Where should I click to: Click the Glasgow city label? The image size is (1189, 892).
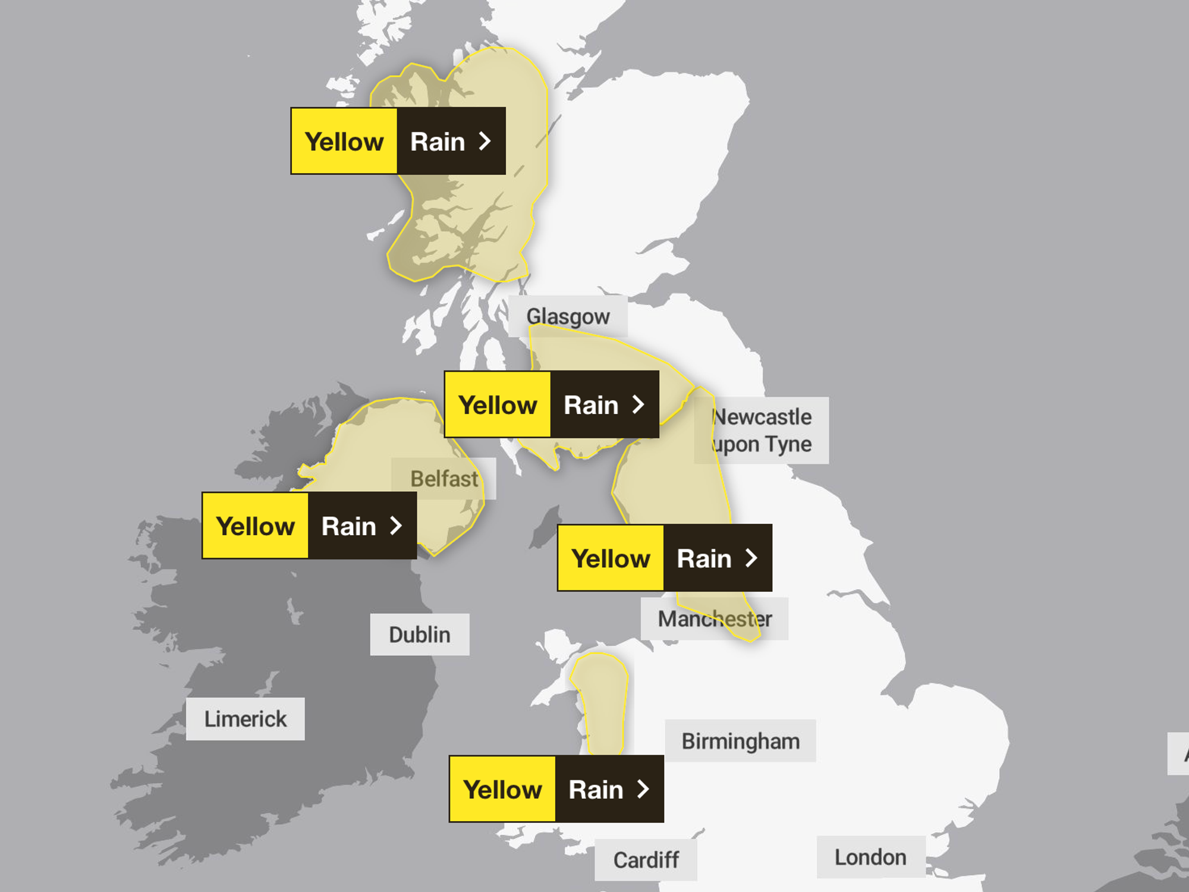pyautogui.click(x=568, y=316)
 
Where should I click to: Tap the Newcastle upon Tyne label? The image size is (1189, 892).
pyautogui.click(x=762, y=431)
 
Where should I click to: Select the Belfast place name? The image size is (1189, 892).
pyautogui.click(x=443, y=479)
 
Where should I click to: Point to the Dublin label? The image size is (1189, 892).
pyautogui.click(x=420, y=635)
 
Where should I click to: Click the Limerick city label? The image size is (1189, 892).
pyautogui.click(x=245, y=719)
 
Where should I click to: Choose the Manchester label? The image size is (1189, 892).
pyautogui.click(x=715, y=619)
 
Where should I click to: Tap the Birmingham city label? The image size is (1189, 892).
pyautogui.click(x=740, y=741)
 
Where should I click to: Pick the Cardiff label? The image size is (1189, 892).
pyautogui.click(x=646, y=860)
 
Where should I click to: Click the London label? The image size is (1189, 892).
pyautogui.click(x=870, y=857)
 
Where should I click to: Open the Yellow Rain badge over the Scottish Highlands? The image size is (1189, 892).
pyautogui.click(x=398, y=141)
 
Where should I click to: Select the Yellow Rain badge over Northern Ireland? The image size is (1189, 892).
pyautogui.click(x=309, y=526)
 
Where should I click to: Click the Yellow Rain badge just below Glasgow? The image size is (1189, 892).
pyautogui.click(x=551, y=404)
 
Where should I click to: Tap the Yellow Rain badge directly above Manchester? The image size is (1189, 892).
pyautogui.click(x=664, y=558)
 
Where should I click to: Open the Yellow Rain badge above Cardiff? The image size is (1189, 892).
pyautogui.click(x=556, y=789)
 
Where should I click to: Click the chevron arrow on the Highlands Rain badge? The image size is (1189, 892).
pyautogui.click(x=485, y=141)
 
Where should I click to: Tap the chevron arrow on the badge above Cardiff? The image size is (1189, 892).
pyautogui.click(x=643, y=789)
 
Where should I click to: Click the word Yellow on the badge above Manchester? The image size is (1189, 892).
pyautogui.click(x=611, y=558)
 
